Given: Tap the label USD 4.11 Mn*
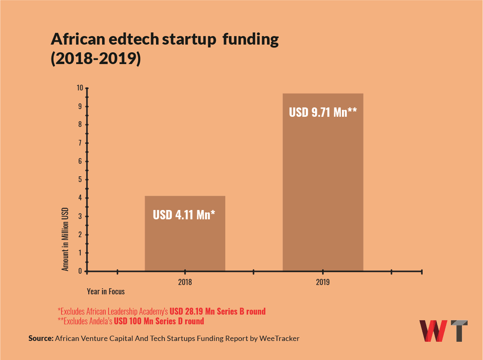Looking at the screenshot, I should coord(184,214).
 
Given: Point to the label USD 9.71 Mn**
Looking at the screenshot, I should coord(323,112).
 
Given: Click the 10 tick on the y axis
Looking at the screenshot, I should coord(79,88).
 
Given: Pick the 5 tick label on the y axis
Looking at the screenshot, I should coord(81,180).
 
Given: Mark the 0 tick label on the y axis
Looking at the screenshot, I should coord(81,271).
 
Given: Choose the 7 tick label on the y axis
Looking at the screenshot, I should coord(81,143).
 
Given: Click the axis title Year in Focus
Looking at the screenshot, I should coord(106,291).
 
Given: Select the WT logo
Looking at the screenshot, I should coord(443,331).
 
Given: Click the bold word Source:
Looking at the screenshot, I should coord(41,338).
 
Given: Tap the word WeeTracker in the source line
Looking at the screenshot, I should coord(279,338).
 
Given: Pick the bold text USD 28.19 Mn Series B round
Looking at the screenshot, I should coord(218,311).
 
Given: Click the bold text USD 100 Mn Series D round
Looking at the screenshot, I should coord(159,321).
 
